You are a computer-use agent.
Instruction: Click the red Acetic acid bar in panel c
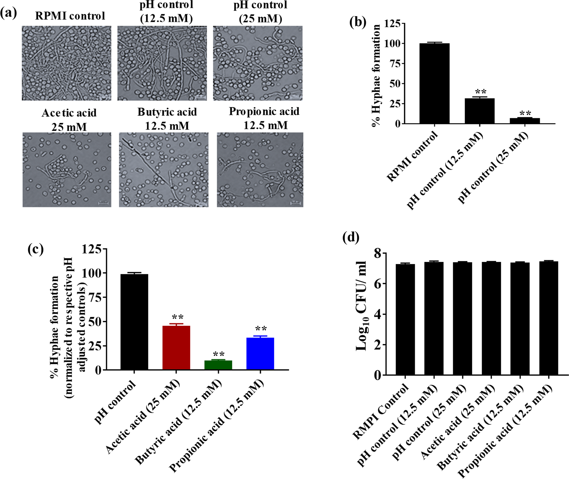(x=176, y=348)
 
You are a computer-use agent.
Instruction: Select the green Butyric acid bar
(x=218, y=365)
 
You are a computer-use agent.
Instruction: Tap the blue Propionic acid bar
(x=260, y=354)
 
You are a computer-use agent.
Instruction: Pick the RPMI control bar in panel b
(x=435, y=83)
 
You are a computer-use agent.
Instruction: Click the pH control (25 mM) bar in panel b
(x=525, y=121)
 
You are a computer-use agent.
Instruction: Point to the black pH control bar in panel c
(x=134, y=322)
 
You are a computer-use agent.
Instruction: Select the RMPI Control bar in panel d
(x=405, y=319)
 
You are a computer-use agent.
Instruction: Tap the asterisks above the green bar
(x=218, y=354)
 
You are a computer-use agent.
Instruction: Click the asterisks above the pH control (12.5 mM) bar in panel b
(x=481, y=92)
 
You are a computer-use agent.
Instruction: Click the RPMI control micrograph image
(x=67, y=63)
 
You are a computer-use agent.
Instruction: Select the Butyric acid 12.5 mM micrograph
(x=164, y=170)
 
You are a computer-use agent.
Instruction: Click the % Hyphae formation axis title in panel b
(x=376, y=75)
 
